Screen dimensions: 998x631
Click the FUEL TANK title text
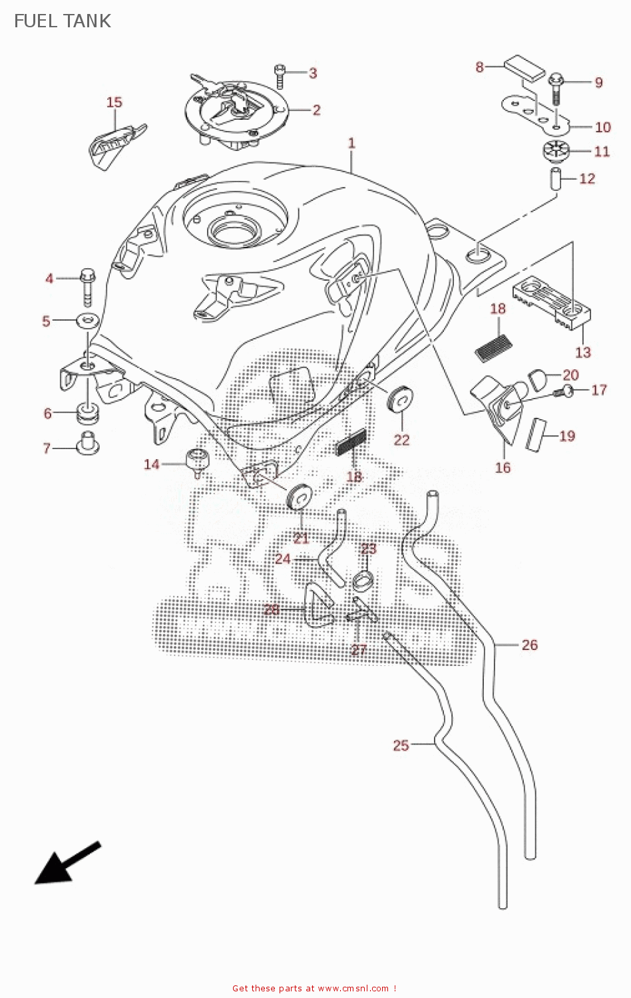[62, 21]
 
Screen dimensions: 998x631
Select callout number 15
[114, 102]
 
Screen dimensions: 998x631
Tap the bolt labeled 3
[280, 76]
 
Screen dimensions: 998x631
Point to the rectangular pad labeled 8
[525, 67]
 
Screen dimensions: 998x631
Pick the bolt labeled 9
[556, 86]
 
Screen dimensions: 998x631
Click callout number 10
[602, 127]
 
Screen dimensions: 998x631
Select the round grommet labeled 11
[556, 151]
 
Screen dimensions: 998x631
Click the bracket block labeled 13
[552, 303]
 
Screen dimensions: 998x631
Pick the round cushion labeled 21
[299, 496]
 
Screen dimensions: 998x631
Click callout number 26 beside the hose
[529, 645]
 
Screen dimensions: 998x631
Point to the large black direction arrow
[67, 864]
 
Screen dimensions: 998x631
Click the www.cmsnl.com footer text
[353, 989]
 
